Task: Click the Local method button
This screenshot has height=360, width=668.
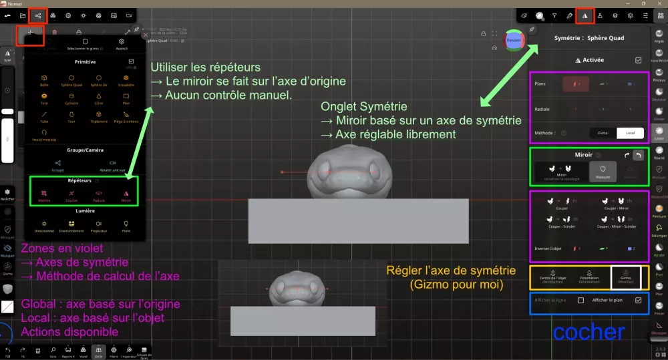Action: [x=630, y=133]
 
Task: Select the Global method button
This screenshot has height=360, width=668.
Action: [x=603, y=133]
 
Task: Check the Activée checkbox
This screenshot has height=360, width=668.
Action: [x=638, y=60]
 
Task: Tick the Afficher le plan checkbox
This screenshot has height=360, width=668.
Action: [x=639, y=301]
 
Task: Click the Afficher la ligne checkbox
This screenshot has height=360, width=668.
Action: [x=580, y=301]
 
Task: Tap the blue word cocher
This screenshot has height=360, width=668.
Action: [x=589, y=331]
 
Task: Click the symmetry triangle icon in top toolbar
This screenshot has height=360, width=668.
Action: [x=584, y=15]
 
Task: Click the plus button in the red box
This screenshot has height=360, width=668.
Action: [x=30, y=32]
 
